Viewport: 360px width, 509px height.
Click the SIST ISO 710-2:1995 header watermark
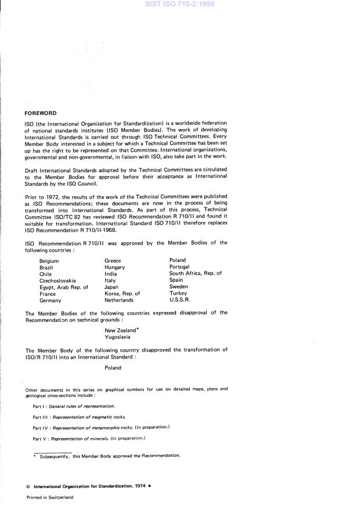[179, 4]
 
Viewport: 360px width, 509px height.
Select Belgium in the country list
[49, 261]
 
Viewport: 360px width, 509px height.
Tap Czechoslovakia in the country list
[57, 280]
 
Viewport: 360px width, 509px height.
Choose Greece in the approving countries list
[113, 261]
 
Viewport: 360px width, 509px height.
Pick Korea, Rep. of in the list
[123, 293]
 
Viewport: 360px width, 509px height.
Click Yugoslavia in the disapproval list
[117, 336]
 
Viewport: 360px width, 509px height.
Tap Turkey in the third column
[178, 293]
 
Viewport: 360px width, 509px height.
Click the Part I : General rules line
[74, 406]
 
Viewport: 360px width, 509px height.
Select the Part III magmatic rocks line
[79, 417]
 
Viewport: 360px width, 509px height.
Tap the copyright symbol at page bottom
[29, 487]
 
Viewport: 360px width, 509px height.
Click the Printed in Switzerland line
[50, 498]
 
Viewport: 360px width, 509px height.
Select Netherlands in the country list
[119, 300]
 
